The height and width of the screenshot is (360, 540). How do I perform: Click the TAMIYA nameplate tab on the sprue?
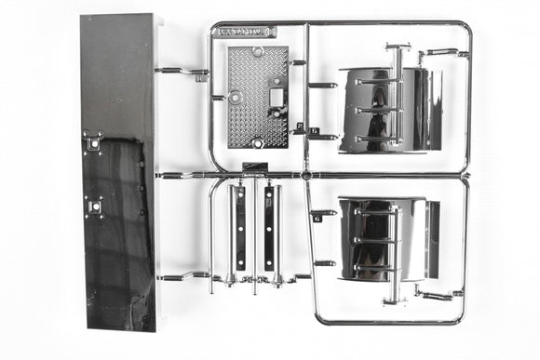[245, 32]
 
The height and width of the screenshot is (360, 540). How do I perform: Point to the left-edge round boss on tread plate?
[235, 96]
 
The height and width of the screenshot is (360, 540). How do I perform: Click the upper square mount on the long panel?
[92, 142]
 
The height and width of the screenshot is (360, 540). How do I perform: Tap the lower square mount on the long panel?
[92, 206]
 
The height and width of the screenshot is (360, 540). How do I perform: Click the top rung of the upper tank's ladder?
[378, 82]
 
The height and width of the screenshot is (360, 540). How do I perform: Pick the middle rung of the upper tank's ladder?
[378, 111]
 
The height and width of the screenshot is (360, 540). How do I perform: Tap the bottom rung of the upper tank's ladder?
[378, 139]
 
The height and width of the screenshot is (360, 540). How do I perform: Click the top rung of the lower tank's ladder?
[376, 212]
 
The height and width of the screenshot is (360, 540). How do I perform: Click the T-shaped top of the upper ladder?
[398, 46]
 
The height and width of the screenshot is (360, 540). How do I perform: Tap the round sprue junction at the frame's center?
[305, 174]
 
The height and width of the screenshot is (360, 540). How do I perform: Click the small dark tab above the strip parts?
[254, 168]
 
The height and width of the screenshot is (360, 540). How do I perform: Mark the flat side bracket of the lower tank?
[432, 239]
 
